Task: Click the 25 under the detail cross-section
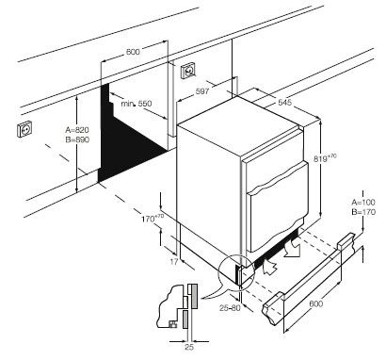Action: pyautogui.click(x=189, y=349)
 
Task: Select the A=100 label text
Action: pyautogui.click(x=362, y=203)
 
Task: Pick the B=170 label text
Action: pyautogui.click(x=362, y=213)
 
